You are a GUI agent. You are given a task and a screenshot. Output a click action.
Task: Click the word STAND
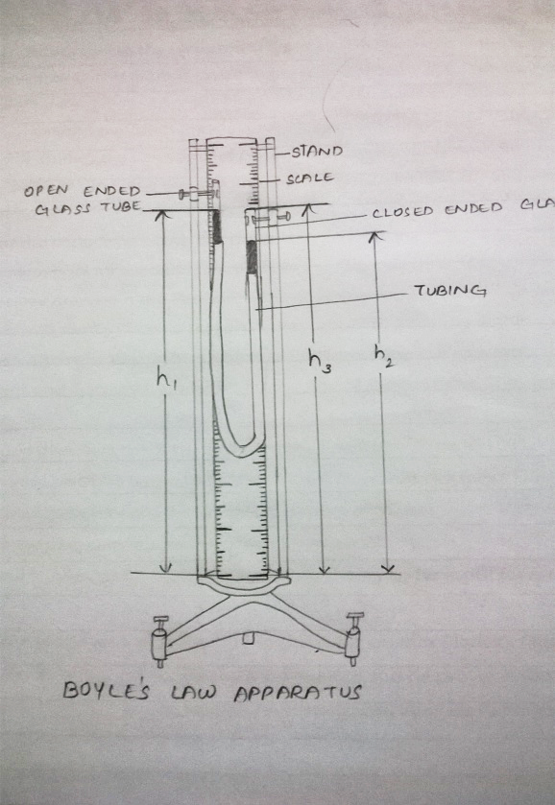(317, 152)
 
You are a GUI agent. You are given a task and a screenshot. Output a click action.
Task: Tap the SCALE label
(310, 178)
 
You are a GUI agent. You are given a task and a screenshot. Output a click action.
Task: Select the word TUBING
(450, 291)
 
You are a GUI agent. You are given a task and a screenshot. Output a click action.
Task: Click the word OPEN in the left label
(45, 191)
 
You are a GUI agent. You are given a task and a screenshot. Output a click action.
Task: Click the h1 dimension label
(166, 380)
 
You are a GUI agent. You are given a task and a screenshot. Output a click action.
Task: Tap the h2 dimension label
(384, 356)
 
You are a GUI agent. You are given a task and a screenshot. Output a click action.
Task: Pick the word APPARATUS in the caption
(298, 693)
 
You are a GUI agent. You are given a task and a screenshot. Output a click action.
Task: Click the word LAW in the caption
(194, 693)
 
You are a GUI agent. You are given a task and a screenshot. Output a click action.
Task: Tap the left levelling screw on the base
(159, 642)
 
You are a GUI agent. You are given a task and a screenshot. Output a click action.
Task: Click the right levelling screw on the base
(354, 639)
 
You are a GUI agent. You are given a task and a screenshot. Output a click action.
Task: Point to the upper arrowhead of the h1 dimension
(162, 215)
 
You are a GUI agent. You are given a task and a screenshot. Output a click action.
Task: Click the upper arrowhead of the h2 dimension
(376, 236)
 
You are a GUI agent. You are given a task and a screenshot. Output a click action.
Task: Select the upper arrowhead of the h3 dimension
(307, 208)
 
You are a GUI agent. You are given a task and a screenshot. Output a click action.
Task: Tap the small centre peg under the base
(249, 638)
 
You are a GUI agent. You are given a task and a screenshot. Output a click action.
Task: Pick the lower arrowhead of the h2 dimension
(389, 568)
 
